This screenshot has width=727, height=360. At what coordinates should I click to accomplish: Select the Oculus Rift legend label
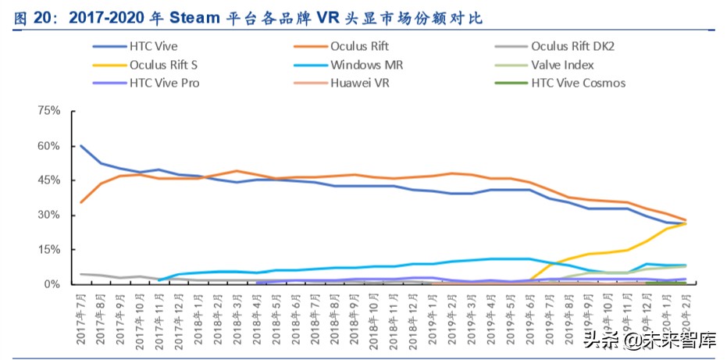click(x=359, y=47)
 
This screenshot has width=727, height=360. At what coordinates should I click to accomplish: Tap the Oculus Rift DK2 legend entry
click(x=572, y=47)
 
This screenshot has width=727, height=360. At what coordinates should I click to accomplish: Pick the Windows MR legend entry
click(x=366, y=65)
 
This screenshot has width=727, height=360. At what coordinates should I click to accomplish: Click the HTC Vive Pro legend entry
click(x=164, y=83)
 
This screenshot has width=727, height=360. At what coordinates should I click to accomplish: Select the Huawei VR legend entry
click(x=360, y=83)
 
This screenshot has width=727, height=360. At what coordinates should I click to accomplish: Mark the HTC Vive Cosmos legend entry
click(x=578, y=83)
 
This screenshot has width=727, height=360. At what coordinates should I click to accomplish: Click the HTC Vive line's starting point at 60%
click(x=81, y=146)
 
